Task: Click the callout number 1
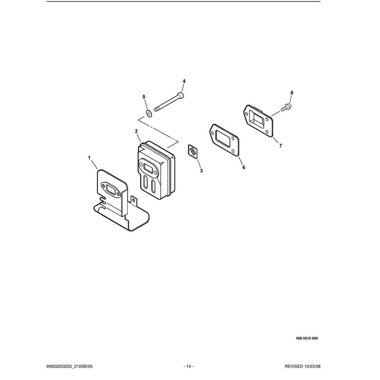[x=89, y=158]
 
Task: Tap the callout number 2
[x=136, y=131]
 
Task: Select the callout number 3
[x=201, y=171]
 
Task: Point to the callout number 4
[x=184, y=81]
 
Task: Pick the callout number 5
[x=144, y=97]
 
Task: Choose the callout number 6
[x=244, y=168]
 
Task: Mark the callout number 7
[x=281, y=146]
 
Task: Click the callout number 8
[x=292, y=93]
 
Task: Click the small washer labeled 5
[x=149, y=113]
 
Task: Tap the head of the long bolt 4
[x=181, y=95]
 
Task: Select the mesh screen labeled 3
[x=193, y=152]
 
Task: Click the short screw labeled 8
[x=286, y=107]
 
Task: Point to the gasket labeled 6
[x=224, y=140]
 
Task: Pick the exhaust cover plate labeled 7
[x=258, y=121]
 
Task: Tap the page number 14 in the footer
[x=189, y=366]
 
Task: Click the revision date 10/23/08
[x=312, y=366]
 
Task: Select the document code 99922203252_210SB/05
[x=69, y=366]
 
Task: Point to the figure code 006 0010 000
[x=307, y=338]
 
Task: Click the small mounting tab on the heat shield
[x=134, y=200]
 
